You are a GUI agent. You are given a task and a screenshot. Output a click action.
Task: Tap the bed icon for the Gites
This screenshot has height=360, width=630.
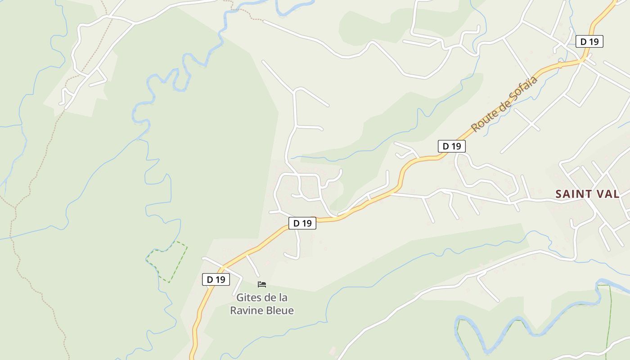point(262,284)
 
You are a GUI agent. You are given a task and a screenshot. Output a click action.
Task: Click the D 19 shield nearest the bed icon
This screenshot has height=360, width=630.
point(216,279)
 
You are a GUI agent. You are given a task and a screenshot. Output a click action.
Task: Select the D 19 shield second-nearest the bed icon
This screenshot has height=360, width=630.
point(302,223)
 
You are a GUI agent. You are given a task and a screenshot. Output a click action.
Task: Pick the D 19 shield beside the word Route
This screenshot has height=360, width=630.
point(452,146)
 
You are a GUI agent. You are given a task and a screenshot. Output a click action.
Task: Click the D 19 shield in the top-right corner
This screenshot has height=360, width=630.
point(589,42)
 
